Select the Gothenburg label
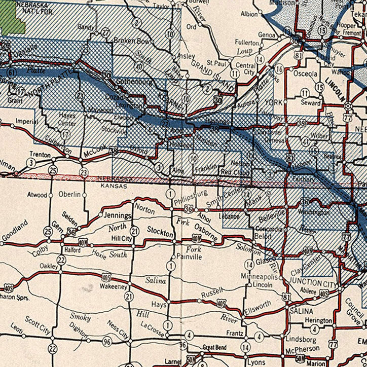point(134,81)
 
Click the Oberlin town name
point(69,194)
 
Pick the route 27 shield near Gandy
point(105,33)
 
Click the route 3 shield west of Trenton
point(32,162)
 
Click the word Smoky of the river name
point(80,317)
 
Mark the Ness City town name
point(118,329)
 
